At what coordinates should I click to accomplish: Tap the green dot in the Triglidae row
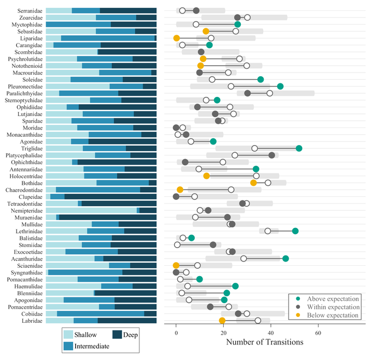pos(299,148)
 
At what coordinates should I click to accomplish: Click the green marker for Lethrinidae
pos(295,231)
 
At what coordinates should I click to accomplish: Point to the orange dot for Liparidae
pos(176,38)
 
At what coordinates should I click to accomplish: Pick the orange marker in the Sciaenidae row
pos(176,265)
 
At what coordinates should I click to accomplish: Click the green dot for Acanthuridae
pos(285,258)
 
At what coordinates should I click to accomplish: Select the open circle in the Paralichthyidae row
pos(270,93)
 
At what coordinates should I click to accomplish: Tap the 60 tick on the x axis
pos(318,332)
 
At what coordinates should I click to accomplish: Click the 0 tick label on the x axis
pos(176,332)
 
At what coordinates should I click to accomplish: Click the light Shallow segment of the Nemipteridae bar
pos(91,210)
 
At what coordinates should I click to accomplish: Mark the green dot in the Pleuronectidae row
pos(280,86)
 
